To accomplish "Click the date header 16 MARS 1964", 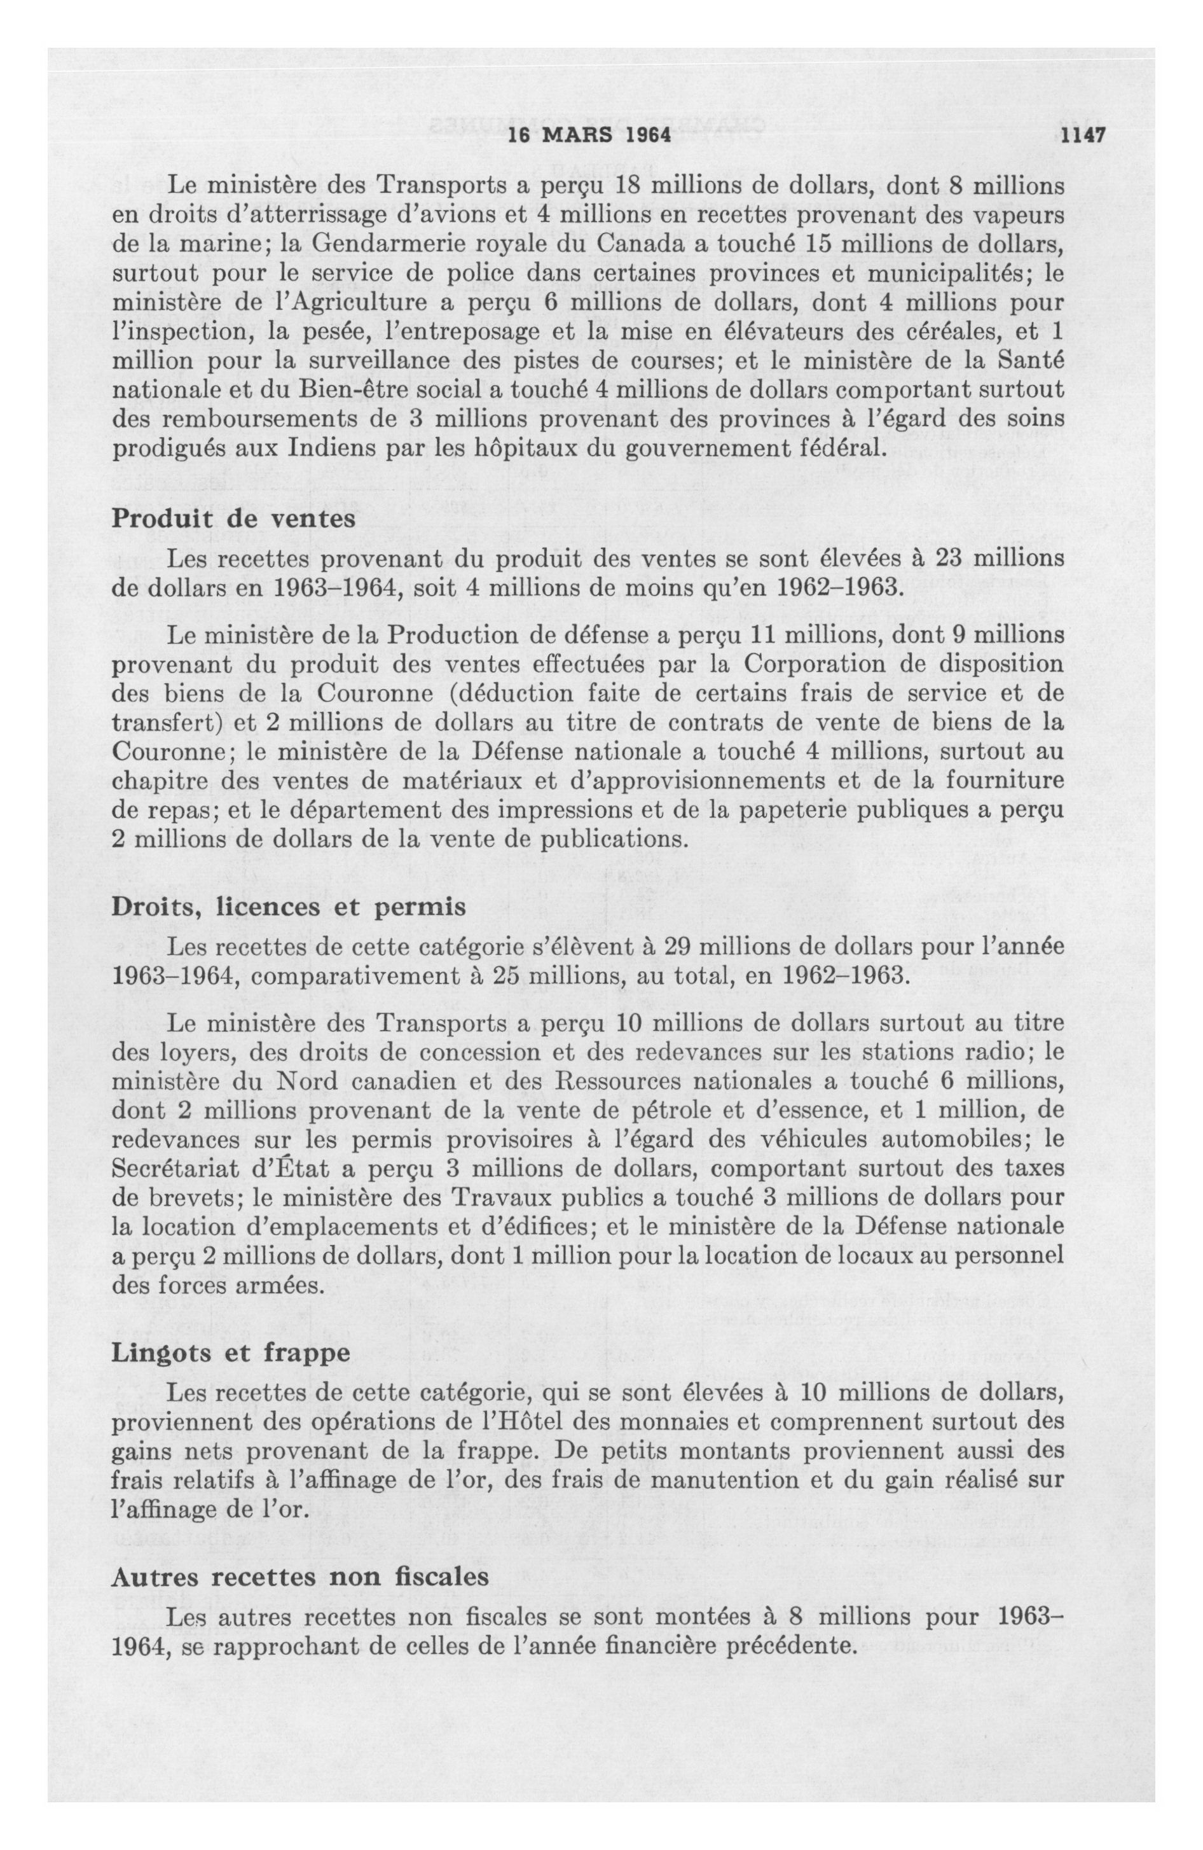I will point(588,134).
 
